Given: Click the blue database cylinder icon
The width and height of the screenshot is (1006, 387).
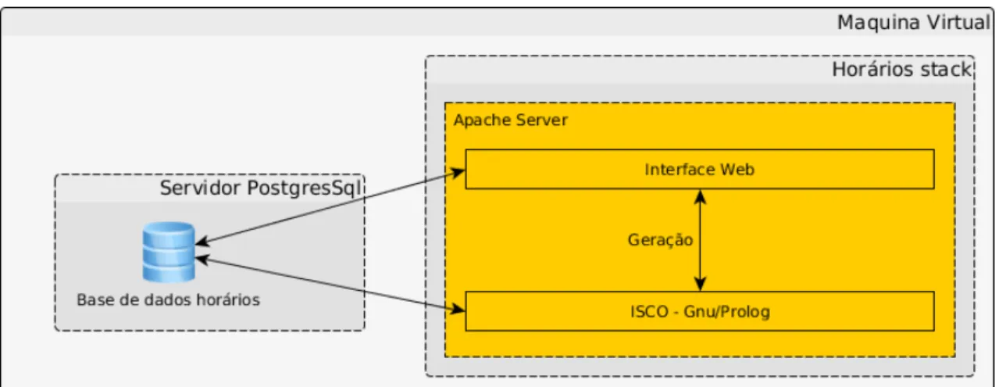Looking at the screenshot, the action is (x=169, y=252).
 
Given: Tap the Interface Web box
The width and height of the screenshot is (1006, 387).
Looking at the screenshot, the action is (x=700, y=169).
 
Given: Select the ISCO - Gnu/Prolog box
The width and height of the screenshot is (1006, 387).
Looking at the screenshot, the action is (x=700, y=311).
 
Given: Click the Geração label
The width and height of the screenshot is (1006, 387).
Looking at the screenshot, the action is (x=660, y=240).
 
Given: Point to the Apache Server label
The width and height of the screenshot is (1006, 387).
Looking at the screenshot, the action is (x=510, y=120).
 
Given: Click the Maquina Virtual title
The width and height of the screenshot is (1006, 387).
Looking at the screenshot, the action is (x=914, y=22).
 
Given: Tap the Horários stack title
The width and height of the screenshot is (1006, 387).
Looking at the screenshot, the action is (x=902, y=70).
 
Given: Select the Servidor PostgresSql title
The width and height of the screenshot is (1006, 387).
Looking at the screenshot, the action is (x=261, y=188).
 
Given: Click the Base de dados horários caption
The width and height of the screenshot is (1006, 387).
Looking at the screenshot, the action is (x=168, y=299).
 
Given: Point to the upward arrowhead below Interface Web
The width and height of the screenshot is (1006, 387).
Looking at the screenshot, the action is (x=700, y=196).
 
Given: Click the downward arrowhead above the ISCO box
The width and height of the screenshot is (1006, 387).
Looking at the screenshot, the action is (x=700, y=284).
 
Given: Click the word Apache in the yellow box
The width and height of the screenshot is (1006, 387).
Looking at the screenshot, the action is (x=482, y=120).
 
